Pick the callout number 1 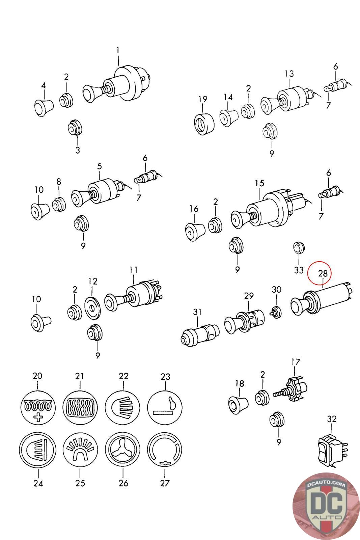click(x=118, y=51)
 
